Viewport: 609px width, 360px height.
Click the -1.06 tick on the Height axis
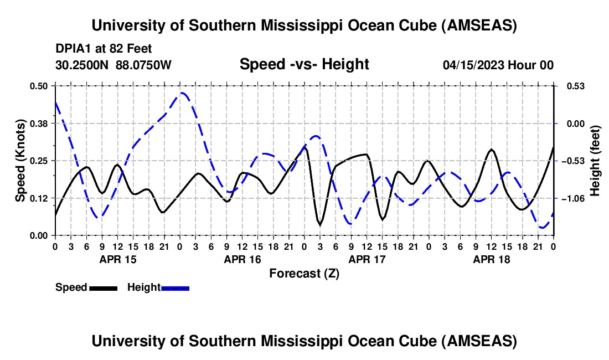pyautogui.click(x=572, y=198)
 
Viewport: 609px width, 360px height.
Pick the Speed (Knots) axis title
pyautogui.click(x=20, y=161)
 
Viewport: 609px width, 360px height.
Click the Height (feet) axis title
pyautogui.click(x=595, y=161)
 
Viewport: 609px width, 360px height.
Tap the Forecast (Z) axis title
pyautogui.click(x=304, y=273)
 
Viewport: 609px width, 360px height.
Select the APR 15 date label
pyautogui.click(x=117, y=259)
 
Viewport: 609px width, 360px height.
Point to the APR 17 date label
pyautogui.click(x=367, y=259)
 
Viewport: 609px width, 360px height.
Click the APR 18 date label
pyautogui.click(x=491, y=259)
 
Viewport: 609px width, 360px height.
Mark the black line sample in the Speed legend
pyautogui.click(x=103, y=287)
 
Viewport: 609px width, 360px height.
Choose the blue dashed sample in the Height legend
pyautogui.click(x=176, y=287)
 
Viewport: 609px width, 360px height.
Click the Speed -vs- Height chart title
pyautogui.click(x=304, y=64)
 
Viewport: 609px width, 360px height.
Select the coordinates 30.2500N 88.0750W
pyautogui.click(x=113, y=65)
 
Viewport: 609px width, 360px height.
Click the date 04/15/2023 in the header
pyautogui.click(x=473, y=65)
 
